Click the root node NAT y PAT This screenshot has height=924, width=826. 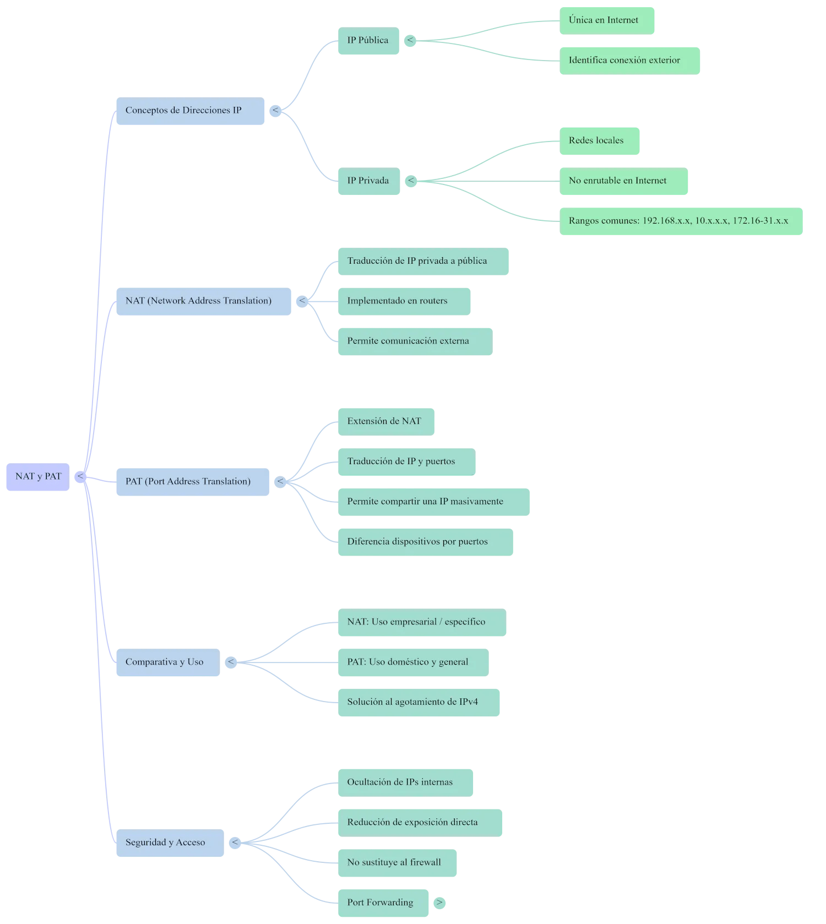point(38,477)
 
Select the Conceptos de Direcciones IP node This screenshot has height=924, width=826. point(190,111)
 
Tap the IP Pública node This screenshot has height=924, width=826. point(368,41)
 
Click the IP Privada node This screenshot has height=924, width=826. point(368,181)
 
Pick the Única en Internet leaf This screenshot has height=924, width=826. point(606,20)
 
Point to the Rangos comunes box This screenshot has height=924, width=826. point(681,221)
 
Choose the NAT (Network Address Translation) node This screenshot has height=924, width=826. point(203,301)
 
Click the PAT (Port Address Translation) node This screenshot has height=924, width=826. point(193,482)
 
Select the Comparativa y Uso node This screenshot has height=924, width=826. point(168,662)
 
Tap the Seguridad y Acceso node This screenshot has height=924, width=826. point(170,843)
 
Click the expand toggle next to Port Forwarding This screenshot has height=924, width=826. point(439,903)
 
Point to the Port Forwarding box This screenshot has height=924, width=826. point(383,903)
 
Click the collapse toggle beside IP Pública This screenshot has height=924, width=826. point(410,40)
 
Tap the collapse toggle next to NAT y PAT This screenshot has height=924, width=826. point(80,477)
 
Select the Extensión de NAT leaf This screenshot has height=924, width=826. point(386,422)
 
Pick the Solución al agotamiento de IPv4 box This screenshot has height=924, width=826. point(419,703)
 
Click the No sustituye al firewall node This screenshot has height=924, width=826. point(397,863)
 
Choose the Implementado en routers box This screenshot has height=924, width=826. point(404,301)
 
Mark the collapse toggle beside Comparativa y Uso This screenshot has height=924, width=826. point(231,662)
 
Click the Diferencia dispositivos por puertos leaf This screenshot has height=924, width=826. point(425,542)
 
